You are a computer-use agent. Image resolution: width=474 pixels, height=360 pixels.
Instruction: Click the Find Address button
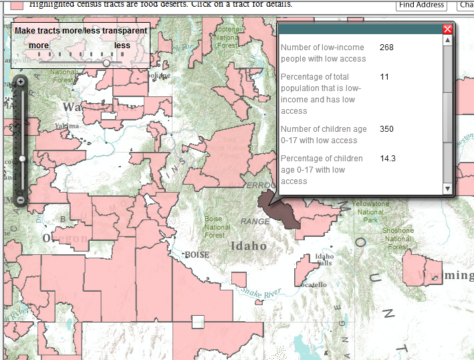pos(422,5)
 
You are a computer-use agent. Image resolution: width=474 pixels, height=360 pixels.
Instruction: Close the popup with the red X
pos(448,29)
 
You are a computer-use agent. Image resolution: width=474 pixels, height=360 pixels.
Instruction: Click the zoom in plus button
pos(21,82)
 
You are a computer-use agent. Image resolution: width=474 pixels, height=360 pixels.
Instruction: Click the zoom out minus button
pos(21,199)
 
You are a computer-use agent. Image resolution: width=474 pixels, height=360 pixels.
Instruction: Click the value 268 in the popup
pos(386,48)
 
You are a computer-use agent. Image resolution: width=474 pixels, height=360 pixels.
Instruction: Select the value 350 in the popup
pos(386,129)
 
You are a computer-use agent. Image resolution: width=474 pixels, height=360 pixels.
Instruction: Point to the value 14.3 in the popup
pos(388,159)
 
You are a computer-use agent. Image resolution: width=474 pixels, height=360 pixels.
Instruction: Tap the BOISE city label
pos(197,255)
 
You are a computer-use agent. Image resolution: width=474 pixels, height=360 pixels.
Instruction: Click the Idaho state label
pos(248,246)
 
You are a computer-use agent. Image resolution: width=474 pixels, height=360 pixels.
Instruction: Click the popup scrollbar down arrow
pos(448,189)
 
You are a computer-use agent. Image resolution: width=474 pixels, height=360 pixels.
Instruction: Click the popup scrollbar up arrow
pos(448,40)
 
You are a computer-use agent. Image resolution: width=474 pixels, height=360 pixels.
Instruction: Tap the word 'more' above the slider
pos(38,46)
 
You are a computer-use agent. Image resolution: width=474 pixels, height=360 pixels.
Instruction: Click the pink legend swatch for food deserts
pos(17,4)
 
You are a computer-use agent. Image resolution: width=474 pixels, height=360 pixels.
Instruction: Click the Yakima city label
pos(67,126)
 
